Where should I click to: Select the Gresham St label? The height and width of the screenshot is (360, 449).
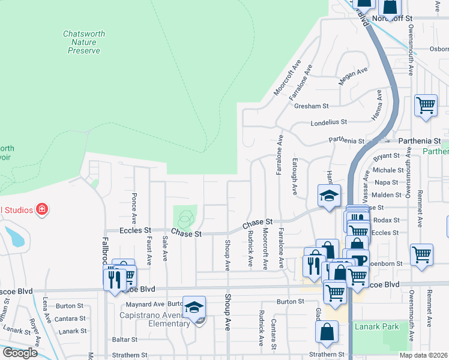(312, 106)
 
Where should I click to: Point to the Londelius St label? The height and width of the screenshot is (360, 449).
(328, 122)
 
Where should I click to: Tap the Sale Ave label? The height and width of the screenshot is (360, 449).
(164, 249)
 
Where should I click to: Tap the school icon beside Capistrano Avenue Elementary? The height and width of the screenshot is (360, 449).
(194, 307)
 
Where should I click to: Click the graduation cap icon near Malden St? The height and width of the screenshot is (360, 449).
(329, 196)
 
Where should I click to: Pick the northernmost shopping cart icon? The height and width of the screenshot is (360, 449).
(426, 106)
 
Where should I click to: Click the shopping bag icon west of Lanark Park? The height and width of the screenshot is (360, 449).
(327, 332)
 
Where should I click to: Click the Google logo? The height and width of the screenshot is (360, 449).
(20, 353)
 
